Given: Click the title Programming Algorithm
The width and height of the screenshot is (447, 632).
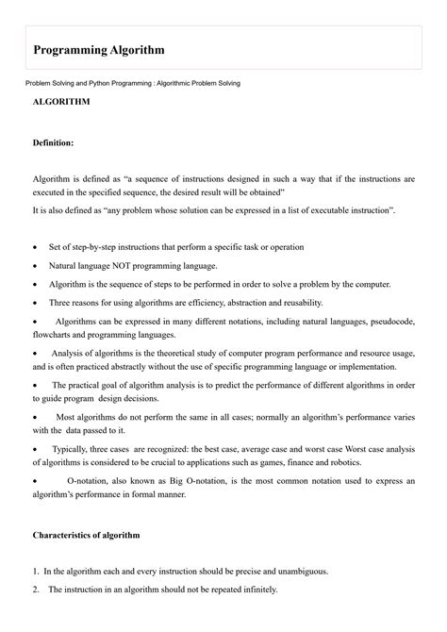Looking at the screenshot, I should click(x=99, y=49).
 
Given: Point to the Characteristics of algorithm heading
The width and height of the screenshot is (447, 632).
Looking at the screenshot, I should click(x=86, y=535).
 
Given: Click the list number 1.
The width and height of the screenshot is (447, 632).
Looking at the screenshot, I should click(x=35, y=572).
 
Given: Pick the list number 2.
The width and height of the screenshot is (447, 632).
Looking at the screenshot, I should click(x=35, y=590).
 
